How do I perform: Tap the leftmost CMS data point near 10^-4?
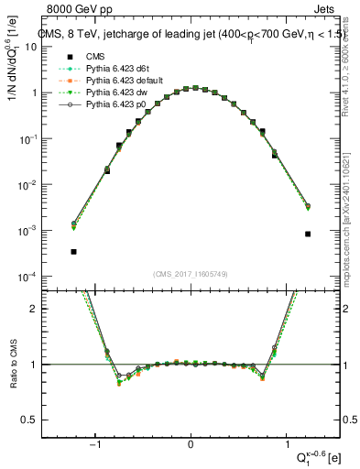(x=73, y=251)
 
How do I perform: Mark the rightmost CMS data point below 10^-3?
(x=308, y=234)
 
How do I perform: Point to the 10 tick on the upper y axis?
(x=55, y=47)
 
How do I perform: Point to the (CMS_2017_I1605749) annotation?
(x=190, y=273)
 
